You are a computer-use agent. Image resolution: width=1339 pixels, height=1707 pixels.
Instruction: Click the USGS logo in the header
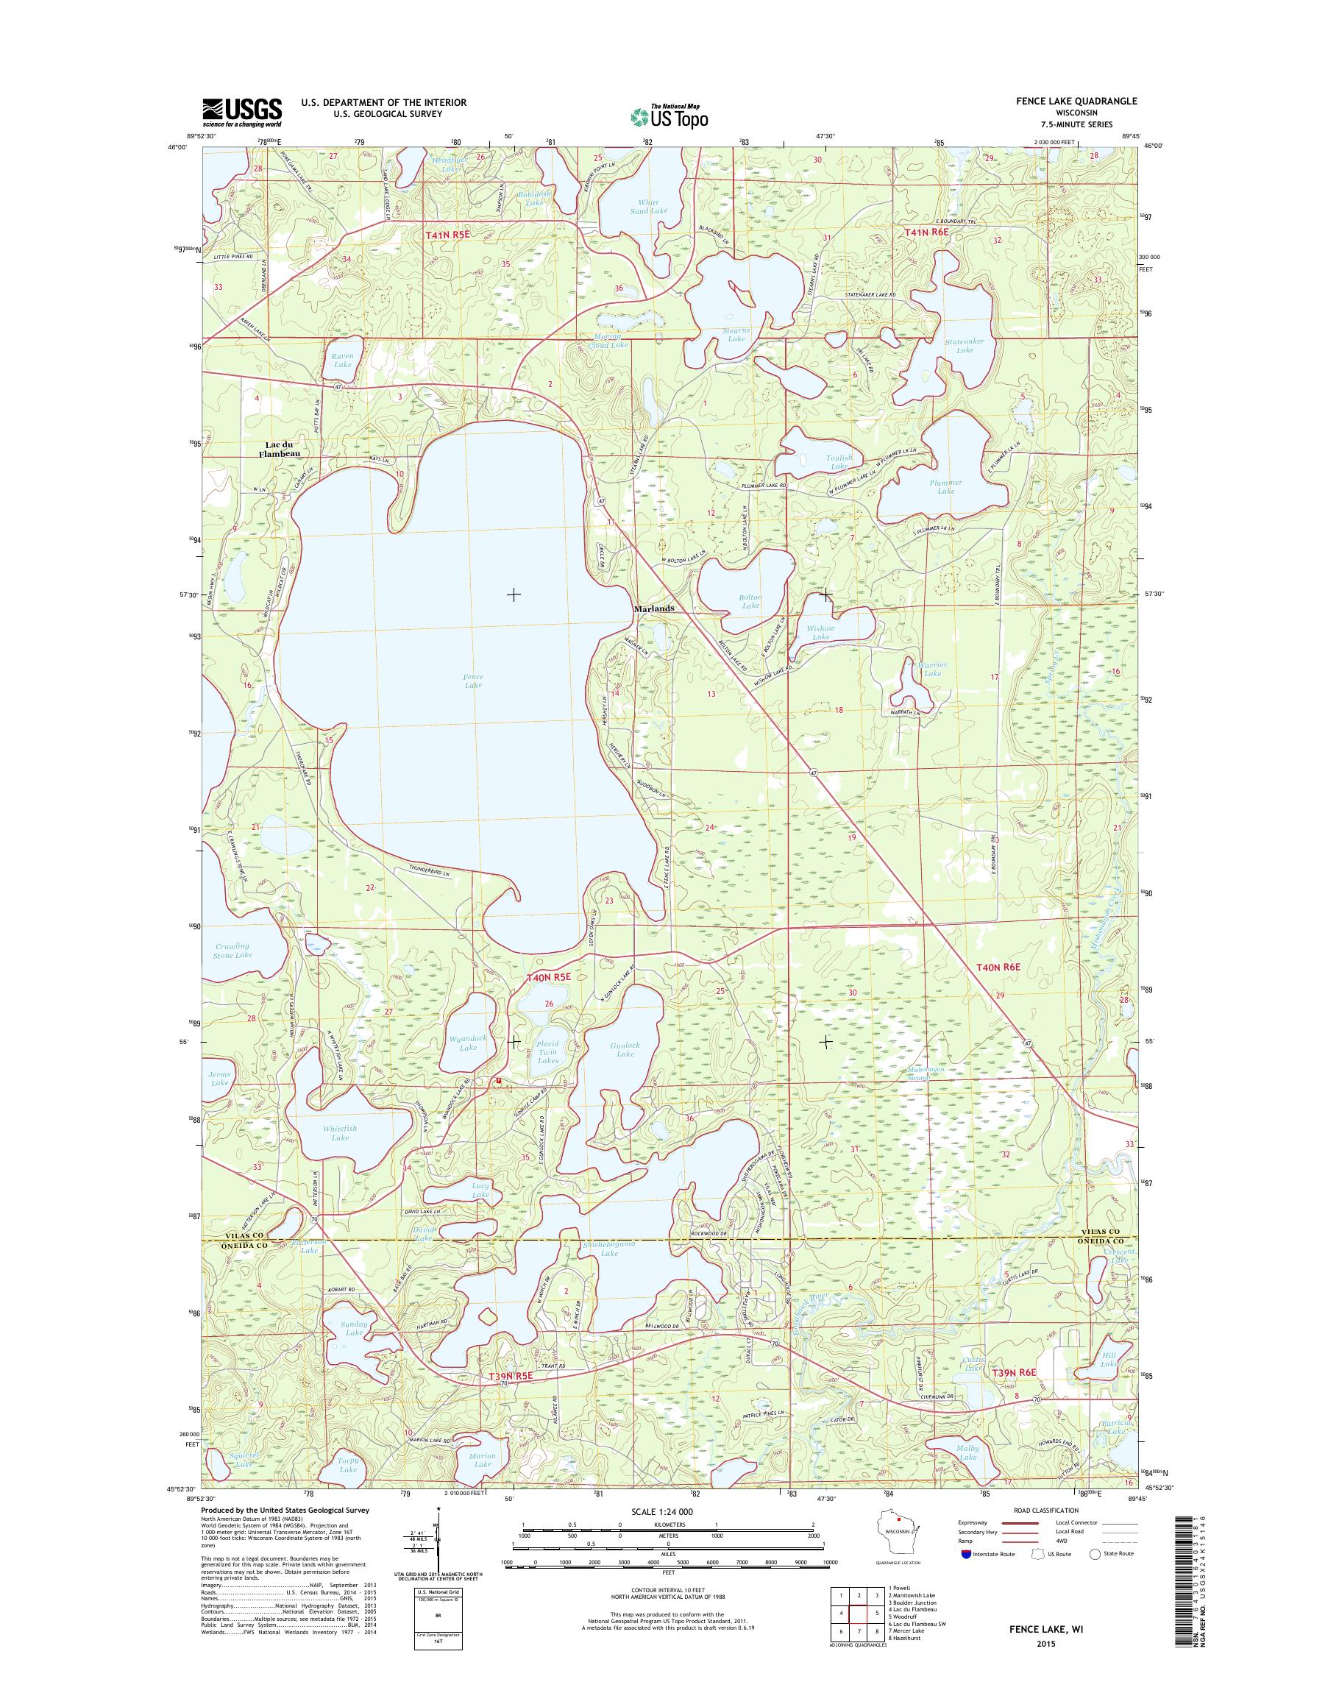pos(241,112)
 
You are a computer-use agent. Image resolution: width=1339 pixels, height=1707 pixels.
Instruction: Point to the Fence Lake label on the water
pos(473,681)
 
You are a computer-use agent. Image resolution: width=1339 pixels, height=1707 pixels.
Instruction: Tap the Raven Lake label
pos(342,360)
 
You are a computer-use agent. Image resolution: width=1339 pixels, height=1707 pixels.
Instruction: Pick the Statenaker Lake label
pos(965,346)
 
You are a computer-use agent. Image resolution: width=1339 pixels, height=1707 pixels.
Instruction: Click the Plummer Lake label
pos(945,487)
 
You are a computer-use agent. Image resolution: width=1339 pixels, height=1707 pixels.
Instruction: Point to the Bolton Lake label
pos(750,601)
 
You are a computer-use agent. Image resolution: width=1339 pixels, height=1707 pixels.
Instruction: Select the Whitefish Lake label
pos(339,1132)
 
